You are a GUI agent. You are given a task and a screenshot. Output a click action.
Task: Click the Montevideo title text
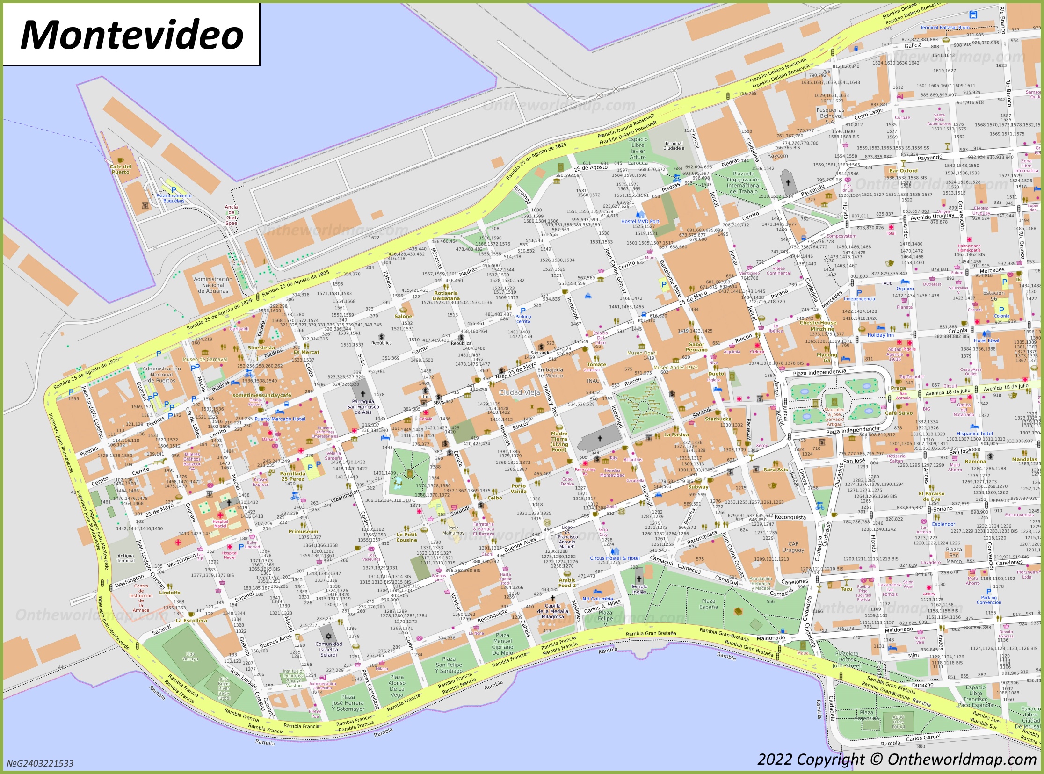132,35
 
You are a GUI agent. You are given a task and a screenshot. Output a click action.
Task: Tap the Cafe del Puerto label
120,169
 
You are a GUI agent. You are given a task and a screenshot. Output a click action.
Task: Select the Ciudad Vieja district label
519,393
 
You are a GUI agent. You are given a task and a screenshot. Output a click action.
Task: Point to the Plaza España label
708,604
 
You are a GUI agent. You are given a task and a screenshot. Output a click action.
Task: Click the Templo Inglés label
639,589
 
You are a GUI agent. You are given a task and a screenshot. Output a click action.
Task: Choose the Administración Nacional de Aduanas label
213,285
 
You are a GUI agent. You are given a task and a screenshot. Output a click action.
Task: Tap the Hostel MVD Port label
639,221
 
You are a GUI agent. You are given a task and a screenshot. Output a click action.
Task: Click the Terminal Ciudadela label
674,146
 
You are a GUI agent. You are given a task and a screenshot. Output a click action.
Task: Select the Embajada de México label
550,372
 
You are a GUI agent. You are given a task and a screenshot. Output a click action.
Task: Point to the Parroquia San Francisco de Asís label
362,407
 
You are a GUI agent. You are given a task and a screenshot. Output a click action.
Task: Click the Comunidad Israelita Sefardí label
328,649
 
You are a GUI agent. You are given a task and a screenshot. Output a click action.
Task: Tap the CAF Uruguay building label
793,547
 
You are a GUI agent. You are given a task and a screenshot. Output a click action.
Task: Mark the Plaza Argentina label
866,715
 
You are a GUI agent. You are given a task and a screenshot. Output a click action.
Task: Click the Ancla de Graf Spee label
231,215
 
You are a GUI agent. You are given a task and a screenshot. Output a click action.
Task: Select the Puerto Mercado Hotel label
280,419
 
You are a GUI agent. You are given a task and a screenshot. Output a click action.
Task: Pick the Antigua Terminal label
125,558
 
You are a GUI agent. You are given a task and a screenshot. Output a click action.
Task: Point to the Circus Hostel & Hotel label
615,558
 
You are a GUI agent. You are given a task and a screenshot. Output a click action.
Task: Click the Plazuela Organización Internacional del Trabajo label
744,182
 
